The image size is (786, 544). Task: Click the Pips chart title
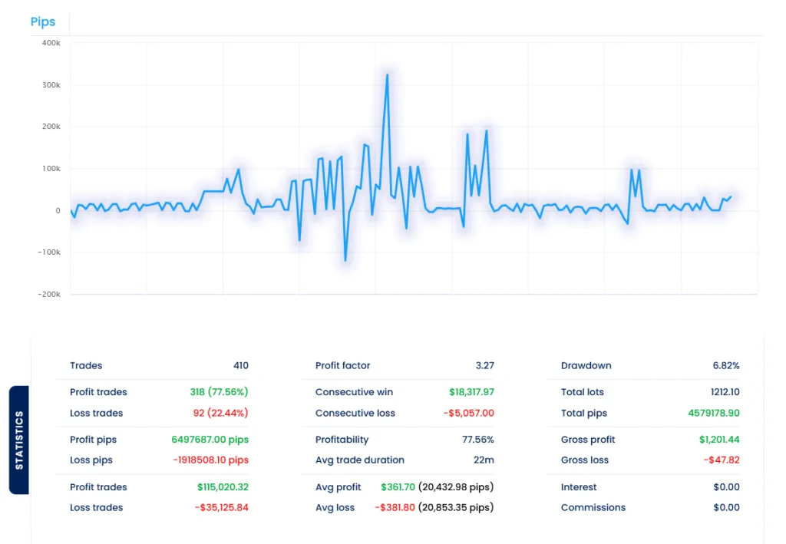pos(43,21)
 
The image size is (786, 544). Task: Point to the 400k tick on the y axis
pos(51,43)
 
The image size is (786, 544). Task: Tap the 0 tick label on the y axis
pos(57,210)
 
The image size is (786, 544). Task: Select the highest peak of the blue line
pos(387,75)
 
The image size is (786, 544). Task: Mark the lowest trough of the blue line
pos(345,261)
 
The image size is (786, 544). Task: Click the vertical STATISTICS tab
pos(19,440)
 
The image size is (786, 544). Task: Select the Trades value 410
pos(240,366)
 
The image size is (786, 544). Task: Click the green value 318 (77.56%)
pos(219,392)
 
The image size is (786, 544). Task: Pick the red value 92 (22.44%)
pos(220,413)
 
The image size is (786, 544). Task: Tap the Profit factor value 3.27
pos(484,366)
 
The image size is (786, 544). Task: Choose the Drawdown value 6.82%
pos(725,366)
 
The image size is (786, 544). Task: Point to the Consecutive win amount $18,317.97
pos(471,392)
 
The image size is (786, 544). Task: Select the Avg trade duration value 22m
pos(484,460)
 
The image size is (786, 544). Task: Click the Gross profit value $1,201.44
pos(718,440)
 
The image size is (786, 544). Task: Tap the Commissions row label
pos(593,507)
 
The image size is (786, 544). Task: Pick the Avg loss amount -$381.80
pos(395,507)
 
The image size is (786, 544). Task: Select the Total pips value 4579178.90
pos(714,413)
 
